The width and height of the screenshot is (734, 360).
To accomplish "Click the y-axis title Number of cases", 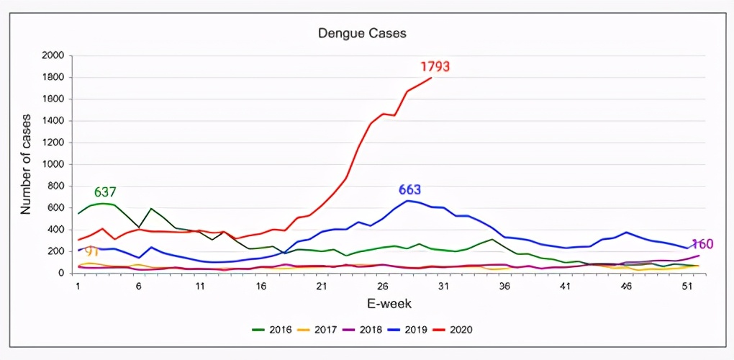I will (x=26, y=164).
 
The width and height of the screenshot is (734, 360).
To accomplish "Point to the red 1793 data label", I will (x=435, y=67).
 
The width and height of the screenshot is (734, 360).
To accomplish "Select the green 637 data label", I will (x=105, y=192).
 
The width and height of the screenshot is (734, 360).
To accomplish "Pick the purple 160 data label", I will (x=702, y=244).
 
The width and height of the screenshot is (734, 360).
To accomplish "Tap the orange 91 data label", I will (x=92, y=252).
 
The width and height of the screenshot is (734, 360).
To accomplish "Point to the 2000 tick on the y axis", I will (x=53, y=55).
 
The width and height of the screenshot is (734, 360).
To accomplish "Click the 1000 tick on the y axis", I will (x=53, y=164).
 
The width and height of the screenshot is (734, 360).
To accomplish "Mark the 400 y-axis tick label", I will (x=56, y=230).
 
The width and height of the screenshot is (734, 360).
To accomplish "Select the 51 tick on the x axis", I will (x=687, y=286).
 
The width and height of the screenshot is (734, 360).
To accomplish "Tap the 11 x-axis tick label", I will (x=199, y=286).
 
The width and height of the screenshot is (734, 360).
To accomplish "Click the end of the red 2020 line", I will (x=432, y=78).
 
